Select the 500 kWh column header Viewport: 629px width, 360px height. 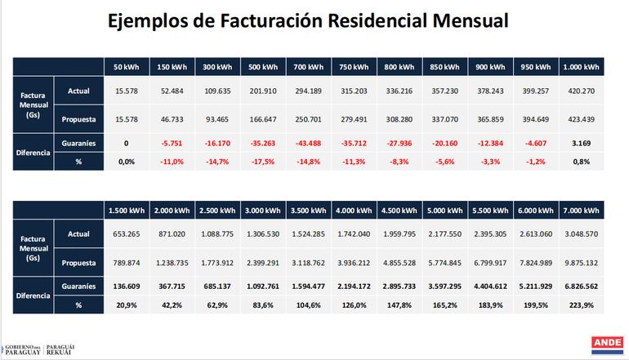tap(263, 66)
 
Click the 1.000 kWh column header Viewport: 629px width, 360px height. tap(581, 66)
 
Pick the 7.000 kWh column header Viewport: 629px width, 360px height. tap(581, 211)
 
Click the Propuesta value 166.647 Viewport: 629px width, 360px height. tap(263, 119)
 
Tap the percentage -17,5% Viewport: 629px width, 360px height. tap(263, 162)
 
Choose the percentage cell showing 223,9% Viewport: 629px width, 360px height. tap(581, 305)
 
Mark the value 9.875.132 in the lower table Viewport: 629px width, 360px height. tap(581, 263)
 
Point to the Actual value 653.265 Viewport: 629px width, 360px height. tap(126, 233)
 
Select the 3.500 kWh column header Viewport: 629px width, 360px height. tap(309, 211)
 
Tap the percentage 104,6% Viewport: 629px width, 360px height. tap(309, 305)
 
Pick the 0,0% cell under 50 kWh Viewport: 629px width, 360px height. tap(126, 162)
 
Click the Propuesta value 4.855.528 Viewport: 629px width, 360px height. tap(399, 263)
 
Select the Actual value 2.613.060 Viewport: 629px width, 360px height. tap(535, 233)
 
